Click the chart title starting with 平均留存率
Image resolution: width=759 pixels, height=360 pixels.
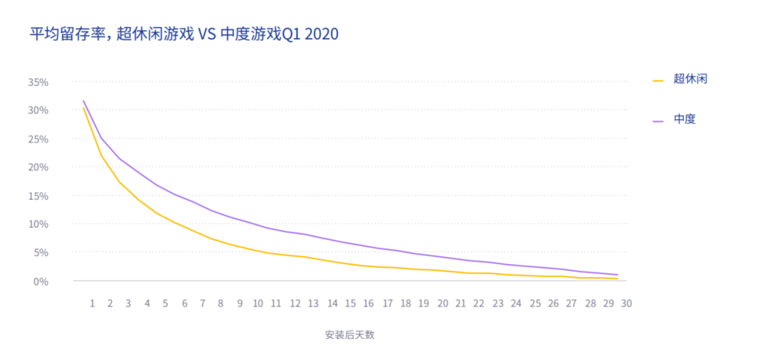click(184, 34)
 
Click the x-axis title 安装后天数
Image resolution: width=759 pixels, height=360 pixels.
click(350, 335)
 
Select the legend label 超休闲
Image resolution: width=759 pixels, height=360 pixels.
click(691, 79)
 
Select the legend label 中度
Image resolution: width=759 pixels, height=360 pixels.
click(685, 119)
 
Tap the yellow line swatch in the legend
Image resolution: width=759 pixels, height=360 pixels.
click(658, 80)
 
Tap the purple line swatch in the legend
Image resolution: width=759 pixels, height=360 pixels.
click(658, 120)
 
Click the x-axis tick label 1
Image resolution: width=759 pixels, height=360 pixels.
click(92, 303)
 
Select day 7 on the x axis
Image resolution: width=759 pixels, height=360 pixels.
click(203, 303)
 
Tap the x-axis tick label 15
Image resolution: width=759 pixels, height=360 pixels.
click(350, 303)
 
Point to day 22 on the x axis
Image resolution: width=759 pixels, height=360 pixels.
click(479, 303)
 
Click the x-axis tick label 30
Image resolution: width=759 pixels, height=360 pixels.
click(627, 303)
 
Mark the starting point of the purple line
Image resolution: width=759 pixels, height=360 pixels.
click(83, 101)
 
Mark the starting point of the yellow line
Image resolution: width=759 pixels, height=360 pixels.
click(83, 108)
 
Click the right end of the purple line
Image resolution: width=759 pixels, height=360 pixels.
click(617, 275)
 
